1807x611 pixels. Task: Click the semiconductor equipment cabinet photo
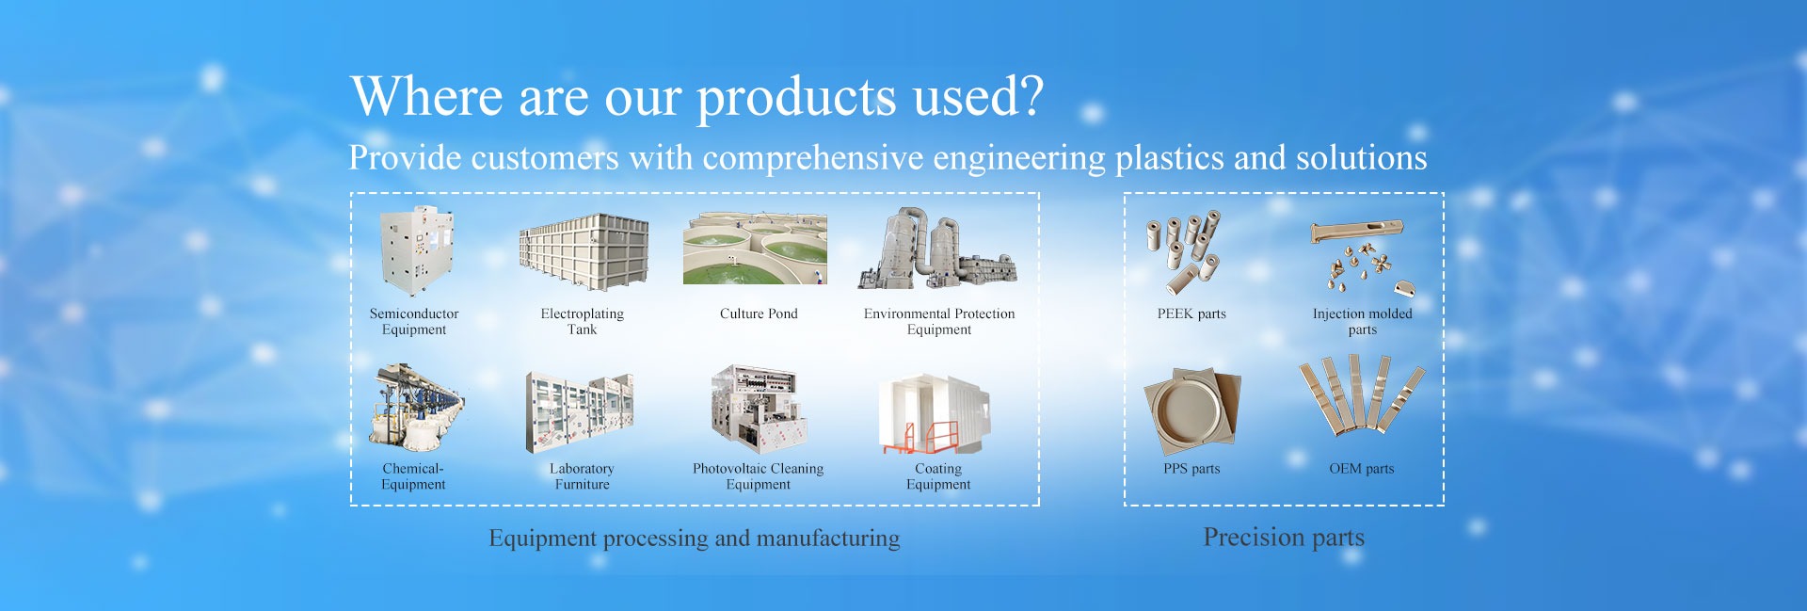[416, 250]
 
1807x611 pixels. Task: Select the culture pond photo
[755, 248]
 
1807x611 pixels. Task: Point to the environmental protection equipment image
[937, 248]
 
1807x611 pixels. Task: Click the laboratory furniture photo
[580, 411]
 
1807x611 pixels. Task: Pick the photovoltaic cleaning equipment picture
[757, 410]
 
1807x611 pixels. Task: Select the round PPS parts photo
[1191, 411]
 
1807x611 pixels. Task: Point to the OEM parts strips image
[1361, 395]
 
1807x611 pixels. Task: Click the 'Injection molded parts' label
[1362, 321]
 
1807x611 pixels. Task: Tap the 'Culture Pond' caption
[759, 314]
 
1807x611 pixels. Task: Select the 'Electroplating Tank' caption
[582, 321]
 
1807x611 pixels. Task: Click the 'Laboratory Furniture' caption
[582, 476]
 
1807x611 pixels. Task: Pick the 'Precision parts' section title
[1284, 538]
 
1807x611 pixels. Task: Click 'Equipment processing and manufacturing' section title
[695, 539]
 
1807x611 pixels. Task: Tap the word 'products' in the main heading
[796, 98]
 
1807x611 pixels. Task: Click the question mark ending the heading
[1031, 94]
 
